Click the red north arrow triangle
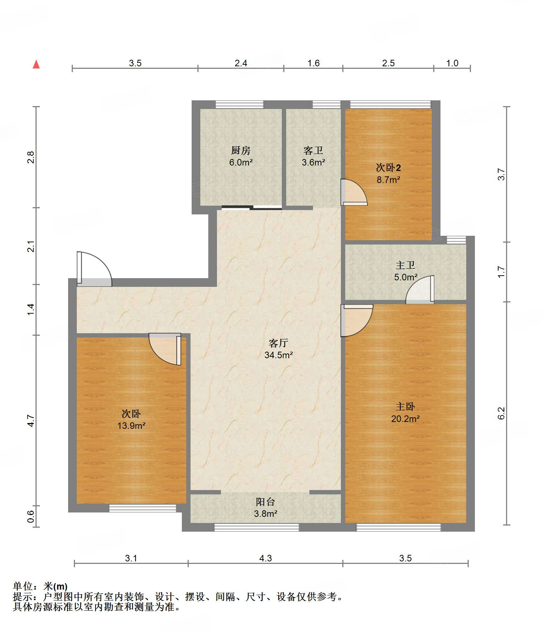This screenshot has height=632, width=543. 36,64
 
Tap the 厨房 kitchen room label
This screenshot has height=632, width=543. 241,150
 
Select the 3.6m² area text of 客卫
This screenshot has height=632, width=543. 313,163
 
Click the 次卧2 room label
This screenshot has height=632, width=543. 388,168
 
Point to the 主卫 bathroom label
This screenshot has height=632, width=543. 405,265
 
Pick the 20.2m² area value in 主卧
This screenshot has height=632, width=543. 405,419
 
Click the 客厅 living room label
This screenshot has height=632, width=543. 279,343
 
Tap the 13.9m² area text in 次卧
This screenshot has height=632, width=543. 131,426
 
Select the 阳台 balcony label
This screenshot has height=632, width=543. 266,502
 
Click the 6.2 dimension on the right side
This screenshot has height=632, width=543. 501,413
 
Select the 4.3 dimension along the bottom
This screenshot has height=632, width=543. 266,558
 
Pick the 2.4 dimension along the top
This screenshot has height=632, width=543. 241,63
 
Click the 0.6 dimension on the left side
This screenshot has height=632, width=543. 30,516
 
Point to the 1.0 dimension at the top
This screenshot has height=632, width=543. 452,63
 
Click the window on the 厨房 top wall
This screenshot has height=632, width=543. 239,105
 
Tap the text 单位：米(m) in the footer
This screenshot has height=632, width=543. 40,586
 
